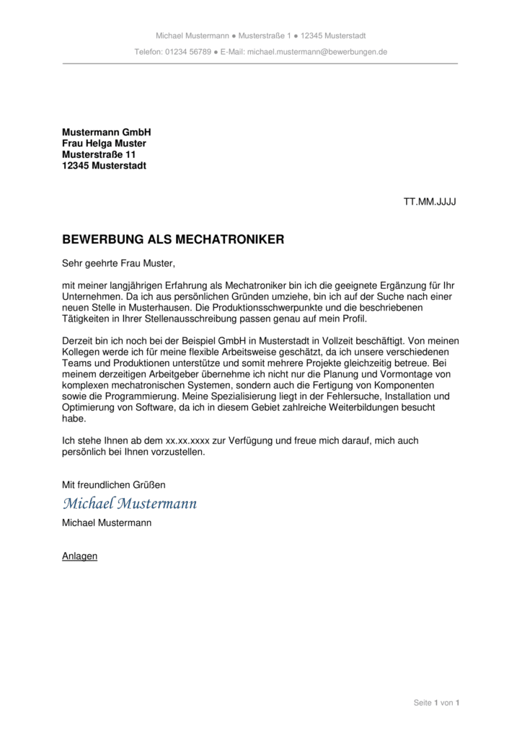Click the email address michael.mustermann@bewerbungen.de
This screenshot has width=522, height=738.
point(317,52)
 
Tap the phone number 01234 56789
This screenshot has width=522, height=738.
point(188,52)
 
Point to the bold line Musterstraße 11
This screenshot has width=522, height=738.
point(99,155)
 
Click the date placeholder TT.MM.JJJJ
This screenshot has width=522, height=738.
point(430,202)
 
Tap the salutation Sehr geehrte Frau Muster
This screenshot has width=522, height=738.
point(119,264)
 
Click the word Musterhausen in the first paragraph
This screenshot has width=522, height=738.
point(155,308)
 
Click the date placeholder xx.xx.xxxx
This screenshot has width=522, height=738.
point(188,440)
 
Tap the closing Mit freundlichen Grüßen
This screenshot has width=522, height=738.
point(114,485)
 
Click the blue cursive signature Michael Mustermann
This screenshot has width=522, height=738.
point(130,503)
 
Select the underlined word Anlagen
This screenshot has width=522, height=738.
point(79,556)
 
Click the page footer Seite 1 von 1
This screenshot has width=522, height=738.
point(436,703)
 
